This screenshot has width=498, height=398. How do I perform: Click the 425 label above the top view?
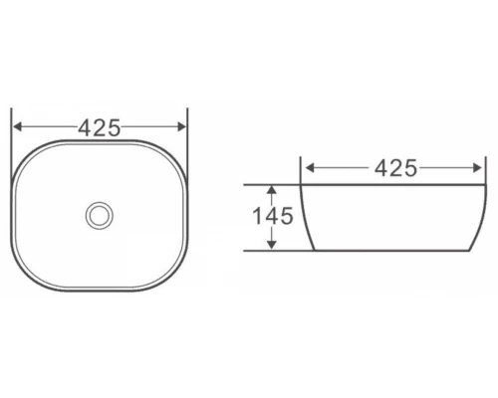[100, 127]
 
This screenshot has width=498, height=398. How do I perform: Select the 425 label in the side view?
[395, 168]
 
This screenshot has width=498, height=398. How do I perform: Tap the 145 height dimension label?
[272, 216]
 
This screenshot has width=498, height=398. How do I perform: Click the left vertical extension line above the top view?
[11, 119]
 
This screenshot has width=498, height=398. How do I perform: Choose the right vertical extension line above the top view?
[188, 119]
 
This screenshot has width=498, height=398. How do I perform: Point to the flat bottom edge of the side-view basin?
[393, 250]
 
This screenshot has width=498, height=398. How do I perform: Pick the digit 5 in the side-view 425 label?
[410, 168]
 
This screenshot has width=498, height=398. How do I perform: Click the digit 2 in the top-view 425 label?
[100, 127]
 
